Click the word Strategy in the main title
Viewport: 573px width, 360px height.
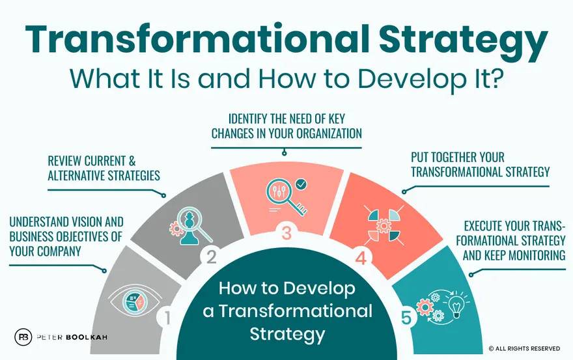(x=463, y=41)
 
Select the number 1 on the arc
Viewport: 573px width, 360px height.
(x=167, y=317)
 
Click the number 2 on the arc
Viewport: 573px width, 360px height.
(x=211, y=256)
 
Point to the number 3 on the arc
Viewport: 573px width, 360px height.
(x=286, y=233)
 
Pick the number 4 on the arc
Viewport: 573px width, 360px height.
(x=361, y=258)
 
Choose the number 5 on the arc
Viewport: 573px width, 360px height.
(x=406, y=318)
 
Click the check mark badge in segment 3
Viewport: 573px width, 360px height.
(x=301, y=185)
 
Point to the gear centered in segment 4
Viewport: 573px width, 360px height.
(x=384, y=225)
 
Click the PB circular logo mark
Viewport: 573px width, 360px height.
(x=23, y=337)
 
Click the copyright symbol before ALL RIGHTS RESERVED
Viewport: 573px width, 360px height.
(x=491, y=349)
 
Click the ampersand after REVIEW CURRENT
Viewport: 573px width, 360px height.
(x=132, y=161)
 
